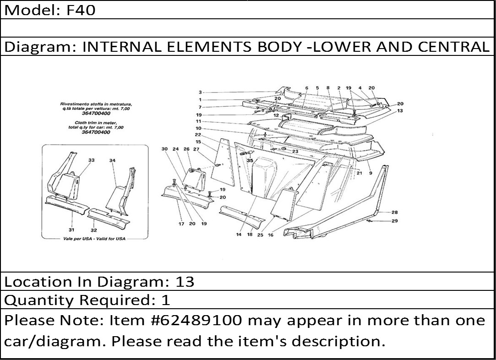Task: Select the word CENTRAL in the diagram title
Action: (453, 47)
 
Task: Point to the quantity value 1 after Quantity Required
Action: (166, 300)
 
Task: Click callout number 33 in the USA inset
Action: (91, 160)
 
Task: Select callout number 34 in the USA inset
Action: (112, 160)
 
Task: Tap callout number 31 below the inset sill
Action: (71, 230)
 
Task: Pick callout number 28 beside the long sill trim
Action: (394, 212)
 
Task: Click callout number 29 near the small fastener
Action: (394, 221)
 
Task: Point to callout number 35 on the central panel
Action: (250, 160)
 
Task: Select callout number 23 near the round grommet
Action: (295, 151)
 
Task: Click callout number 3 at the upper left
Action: (200, 93)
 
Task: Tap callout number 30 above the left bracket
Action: (164, 149)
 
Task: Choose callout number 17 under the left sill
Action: (181, 224)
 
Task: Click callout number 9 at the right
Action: (371, 173)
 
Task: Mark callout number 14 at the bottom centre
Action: (239, 235)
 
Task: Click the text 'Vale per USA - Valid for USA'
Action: (95, 239)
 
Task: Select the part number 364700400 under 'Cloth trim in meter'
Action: (96, 132)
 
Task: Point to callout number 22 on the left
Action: (198, 135)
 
